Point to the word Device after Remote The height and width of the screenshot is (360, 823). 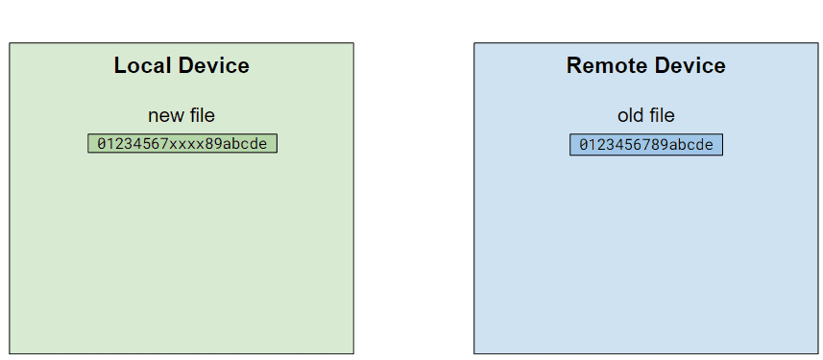(689, 65)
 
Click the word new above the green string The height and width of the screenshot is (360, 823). (164, 115)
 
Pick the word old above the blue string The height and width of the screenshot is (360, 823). (631, 115)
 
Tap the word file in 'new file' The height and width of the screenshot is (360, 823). (199, 115)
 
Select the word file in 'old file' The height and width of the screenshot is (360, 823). (660, 115)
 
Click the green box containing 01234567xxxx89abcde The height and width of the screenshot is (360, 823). (182, 144)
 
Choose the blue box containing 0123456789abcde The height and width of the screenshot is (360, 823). (645, 145)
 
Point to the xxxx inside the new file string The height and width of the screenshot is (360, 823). (186, 144)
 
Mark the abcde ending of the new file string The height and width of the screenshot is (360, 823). (245, 144)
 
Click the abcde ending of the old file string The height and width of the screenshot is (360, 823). (690, 145)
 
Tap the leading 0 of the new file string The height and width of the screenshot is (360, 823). (102, 144)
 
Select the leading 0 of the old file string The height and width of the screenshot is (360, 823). (583, 145)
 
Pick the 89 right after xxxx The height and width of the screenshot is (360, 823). (214, 144)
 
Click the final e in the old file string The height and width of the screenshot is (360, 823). (709, 145)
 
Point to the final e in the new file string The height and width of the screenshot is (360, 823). (263, 144)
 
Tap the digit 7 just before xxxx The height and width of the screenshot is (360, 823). (164, 144)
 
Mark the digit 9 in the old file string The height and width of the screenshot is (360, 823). (664, 145)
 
